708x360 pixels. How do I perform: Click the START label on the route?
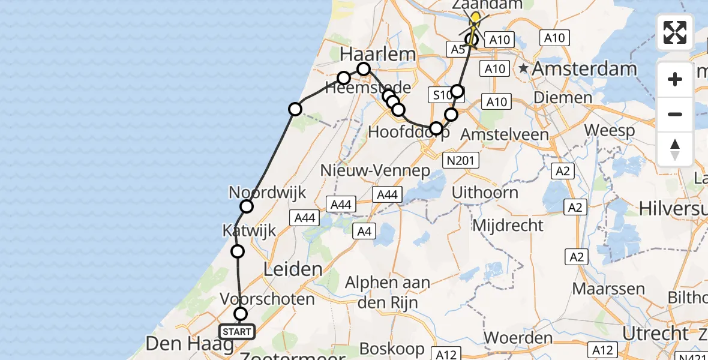pyautogui.click(x=237, y=332)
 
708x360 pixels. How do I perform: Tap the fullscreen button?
pyautogui.click(x=675, y=32)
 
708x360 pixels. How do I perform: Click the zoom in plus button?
pyautogui.click(x=675, y=79)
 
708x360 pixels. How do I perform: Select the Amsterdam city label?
pyautogui.click(x=584, y=69)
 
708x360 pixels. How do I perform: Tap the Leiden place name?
pyautogui.click(x=293, y=269)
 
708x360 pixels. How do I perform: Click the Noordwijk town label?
pyautogui.click(x=268, y=193)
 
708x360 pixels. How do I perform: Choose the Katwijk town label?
pyautogui.click(x=249, y=230)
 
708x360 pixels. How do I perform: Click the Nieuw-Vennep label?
pyautogui.click(x=375, y=170)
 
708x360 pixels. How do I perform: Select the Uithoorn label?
pyautogui.click(x=485, y=193)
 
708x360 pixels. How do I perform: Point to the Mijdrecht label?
pyautogui.click(x=508, y=226)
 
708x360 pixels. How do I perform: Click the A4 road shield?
pyautogui.click(x=364, y=231)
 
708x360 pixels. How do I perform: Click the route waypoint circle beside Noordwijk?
pyautogui.click(x=247, y=207)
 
